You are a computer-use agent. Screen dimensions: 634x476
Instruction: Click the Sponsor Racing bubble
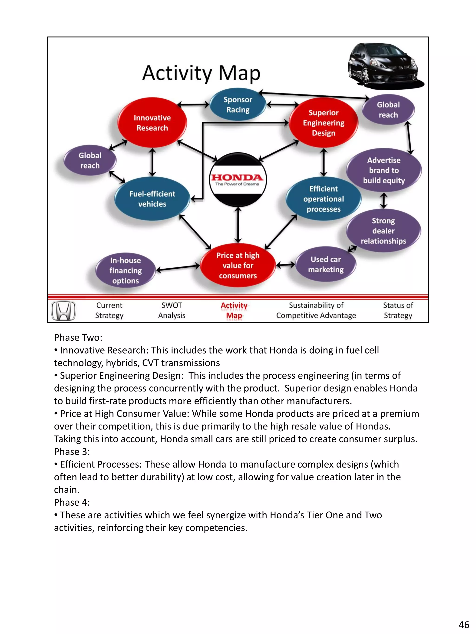238,105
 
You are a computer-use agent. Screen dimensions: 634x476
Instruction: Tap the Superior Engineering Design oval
323,123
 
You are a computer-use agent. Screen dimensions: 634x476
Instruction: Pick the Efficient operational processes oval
323,199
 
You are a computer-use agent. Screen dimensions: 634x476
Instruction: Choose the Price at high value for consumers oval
238,265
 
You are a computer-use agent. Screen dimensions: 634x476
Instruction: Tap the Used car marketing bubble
326,264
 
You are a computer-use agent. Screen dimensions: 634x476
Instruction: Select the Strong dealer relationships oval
383,231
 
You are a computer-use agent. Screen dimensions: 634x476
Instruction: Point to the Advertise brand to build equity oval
383,170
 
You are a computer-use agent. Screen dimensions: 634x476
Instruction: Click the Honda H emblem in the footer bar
63,310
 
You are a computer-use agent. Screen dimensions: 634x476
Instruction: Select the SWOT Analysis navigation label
172,310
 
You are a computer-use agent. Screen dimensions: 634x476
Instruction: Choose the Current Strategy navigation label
109,310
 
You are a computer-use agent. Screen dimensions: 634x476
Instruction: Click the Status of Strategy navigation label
398,310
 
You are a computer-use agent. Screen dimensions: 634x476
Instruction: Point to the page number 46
464,624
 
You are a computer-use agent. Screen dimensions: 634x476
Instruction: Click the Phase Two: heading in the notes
78,337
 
